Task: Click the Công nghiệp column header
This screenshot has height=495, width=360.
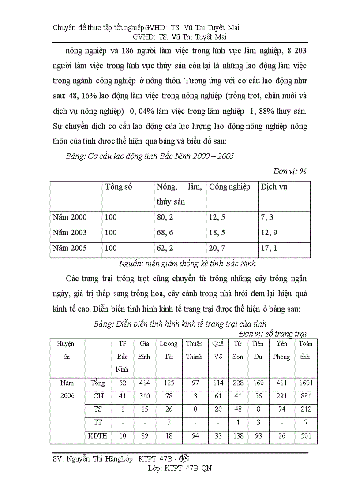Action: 229,187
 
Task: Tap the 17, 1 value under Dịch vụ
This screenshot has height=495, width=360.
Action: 269,248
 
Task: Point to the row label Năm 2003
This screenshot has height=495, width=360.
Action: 70,233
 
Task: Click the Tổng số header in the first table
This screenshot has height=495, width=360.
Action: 119,187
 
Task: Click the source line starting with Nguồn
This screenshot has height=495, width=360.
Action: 187,264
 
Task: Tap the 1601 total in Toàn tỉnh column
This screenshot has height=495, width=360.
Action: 305,383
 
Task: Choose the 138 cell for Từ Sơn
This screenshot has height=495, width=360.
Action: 238,436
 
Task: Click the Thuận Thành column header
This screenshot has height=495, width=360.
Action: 194,350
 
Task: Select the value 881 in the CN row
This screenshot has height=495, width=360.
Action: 305,397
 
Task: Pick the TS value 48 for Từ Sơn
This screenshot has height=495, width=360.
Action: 238,410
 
